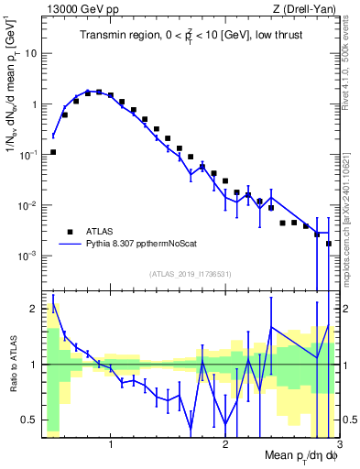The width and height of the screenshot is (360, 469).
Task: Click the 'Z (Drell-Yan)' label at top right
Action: coord(309,9)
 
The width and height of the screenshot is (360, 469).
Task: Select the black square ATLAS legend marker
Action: coord(69,232)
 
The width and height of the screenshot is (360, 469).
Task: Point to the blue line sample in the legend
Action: coord(69,245)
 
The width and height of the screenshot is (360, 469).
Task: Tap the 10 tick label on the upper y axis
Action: coord(30,53)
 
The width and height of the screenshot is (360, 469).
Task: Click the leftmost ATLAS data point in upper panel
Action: coord(53,152)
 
